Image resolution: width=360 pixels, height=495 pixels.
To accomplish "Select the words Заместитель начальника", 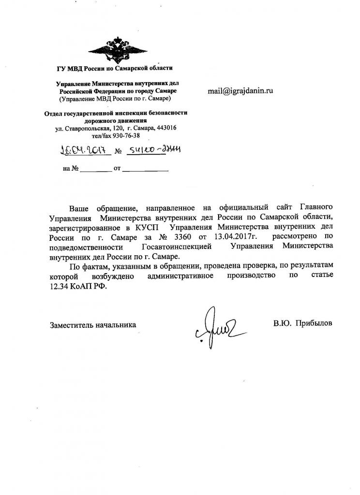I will pos(93,325).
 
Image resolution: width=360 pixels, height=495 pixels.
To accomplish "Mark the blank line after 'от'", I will pos(145,170).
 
